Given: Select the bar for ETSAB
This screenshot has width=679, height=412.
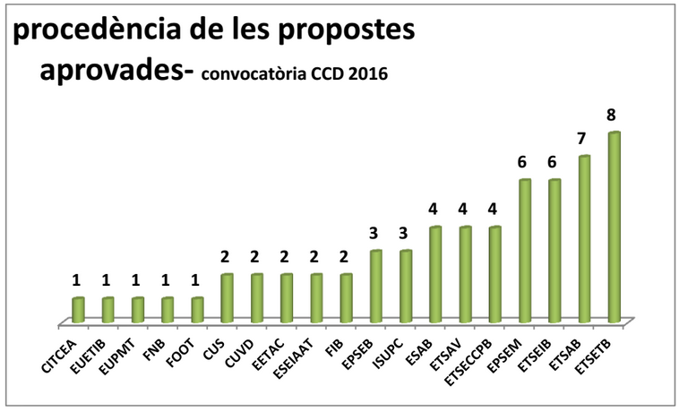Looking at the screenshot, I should pos(585,238).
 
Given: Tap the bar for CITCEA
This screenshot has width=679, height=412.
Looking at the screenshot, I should pos(78,309).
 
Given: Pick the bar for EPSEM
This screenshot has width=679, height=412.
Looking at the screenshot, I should pos(525,250).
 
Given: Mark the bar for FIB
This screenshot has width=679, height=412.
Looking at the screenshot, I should pos(347,297).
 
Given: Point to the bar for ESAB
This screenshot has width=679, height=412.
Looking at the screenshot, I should pos(435,273).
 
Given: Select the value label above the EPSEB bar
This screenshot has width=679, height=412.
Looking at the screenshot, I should pos(376,233).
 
